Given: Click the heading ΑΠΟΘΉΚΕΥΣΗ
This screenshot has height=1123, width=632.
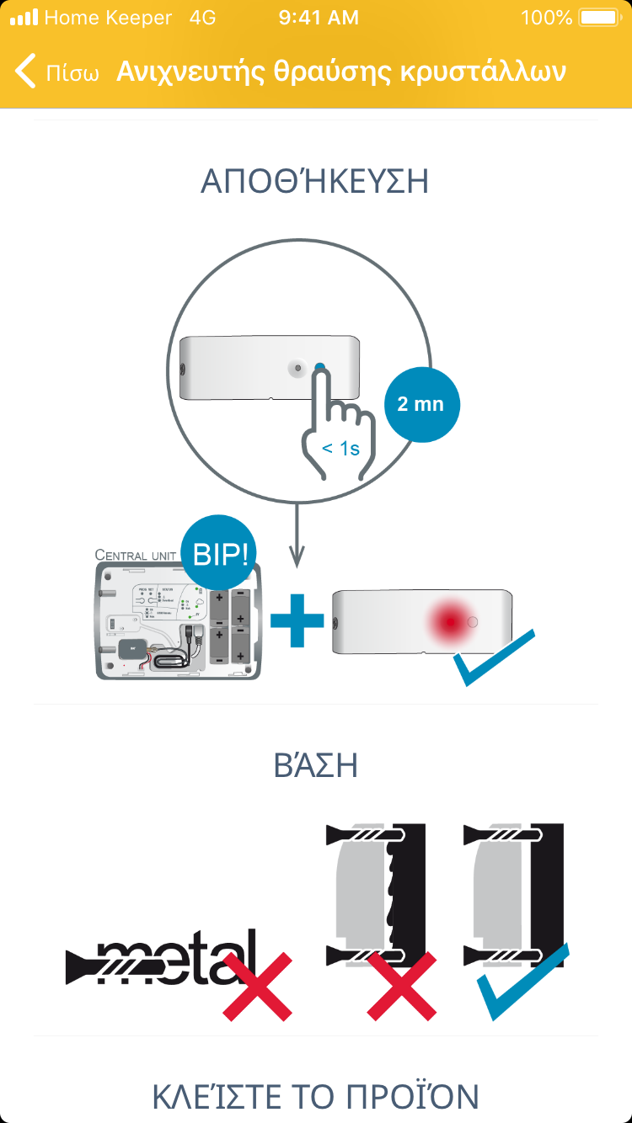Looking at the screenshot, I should pyautogui.click(x=315, y=182).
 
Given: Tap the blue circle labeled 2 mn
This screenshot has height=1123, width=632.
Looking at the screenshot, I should pyautogui.click(x=420, y=404).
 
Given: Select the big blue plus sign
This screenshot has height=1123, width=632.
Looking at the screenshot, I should pyautogui.click(x=297, y=620).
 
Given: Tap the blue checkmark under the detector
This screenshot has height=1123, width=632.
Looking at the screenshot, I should pyautogui.click(x=494, y=657).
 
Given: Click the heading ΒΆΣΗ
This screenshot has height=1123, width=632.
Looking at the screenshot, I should pyautogui.click(x=316, y=766).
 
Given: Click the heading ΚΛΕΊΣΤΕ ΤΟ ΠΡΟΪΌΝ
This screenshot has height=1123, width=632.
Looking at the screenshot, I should pyautogui.click(x=316, y=1097).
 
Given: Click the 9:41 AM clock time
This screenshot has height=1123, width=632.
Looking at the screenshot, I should pyautogui.click(x=318, y=18).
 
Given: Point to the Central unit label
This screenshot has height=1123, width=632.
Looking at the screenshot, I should pyautogui.click(x=135, y=555).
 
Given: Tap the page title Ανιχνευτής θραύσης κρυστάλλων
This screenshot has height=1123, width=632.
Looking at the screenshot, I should pyautogui.click(x=340, y=72).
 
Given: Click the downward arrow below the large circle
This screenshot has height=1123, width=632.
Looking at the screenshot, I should pyautogui.click(x=297, y=539).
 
